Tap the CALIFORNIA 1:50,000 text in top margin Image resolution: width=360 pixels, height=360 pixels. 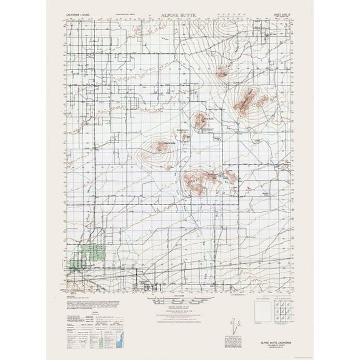coord(82,12)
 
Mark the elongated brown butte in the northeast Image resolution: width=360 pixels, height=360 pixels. coord(249,101)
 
